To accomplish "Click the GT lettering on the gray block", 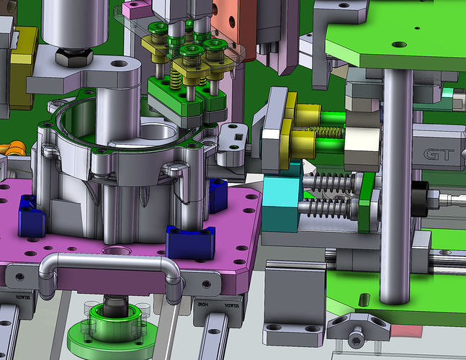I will [x=437, y=154].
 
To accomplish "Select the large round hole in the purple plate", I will [x=115, y=252].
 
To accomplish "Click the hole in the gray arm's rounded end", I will [x=115, y=66].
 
